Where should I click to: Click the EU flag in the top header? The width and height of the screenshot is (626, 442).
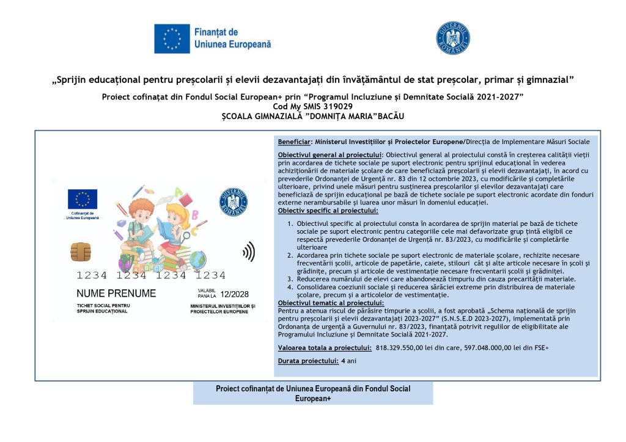click(x=172, y=38)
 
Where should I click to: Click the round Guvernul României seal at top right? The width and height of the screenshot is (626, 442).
click(x=452, y=38)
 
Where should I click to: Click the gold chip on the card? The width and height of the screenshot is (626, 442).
click(x=81, y=251)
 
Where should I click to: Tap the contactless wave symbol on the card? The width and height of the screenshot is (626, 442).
click(x=248, y=252)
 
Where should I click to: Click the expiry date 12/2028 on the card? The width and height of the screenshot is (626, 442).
click(x=235, y=294)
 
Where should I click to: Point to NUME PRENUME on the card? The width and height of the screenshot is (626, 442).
click(x=116, y=294)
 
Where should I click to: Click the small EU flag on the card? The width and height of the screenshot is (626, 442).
click(x=82, y=198)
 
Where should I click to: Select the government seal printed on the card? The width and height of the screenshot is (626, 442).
click(x=233, y=201)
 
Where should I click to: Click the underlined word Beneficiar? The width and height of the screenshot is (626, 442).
click(x=295, y=142)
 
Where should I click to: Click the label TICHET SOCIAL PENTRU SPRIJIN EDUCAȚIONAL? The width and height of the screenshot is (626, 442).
click(x=103, y=308)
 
